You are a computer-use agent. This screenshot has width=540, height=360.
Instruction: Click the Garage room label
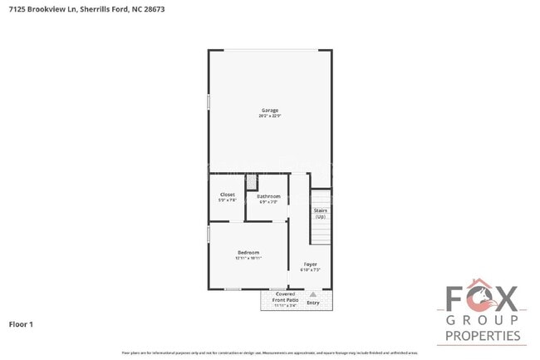(269, 110)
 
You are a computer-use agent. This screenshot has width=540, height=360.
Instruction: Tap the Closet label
(227, 195)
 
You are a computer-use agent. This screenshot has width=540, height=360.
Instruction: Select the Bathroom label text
(268, 196)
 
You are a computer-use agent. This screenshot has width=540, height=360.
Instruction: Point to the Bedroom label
(248, 253)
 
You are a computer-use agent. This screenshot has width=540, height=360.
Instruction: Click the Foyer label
(310, 264)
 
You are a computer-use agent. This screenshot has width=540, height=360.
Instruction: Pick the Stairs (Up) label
(320, 213)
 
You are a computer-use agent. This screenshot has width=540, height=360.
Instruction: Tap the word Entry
(313, 303)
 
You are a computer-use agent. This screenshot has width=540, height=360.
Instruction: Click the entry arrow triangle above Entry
(313, 294)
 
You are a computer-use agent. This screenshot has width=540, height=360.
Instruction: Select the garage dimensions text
(269, 116)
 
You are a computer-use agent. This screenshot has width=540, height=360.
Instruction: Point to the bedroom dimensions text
(248, 259)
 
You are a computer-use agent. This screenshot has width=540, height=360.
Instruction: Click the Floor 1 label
(21, 323)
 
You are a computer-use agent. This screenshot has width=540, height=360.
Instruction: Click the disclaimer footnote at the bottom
(269, 354)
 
